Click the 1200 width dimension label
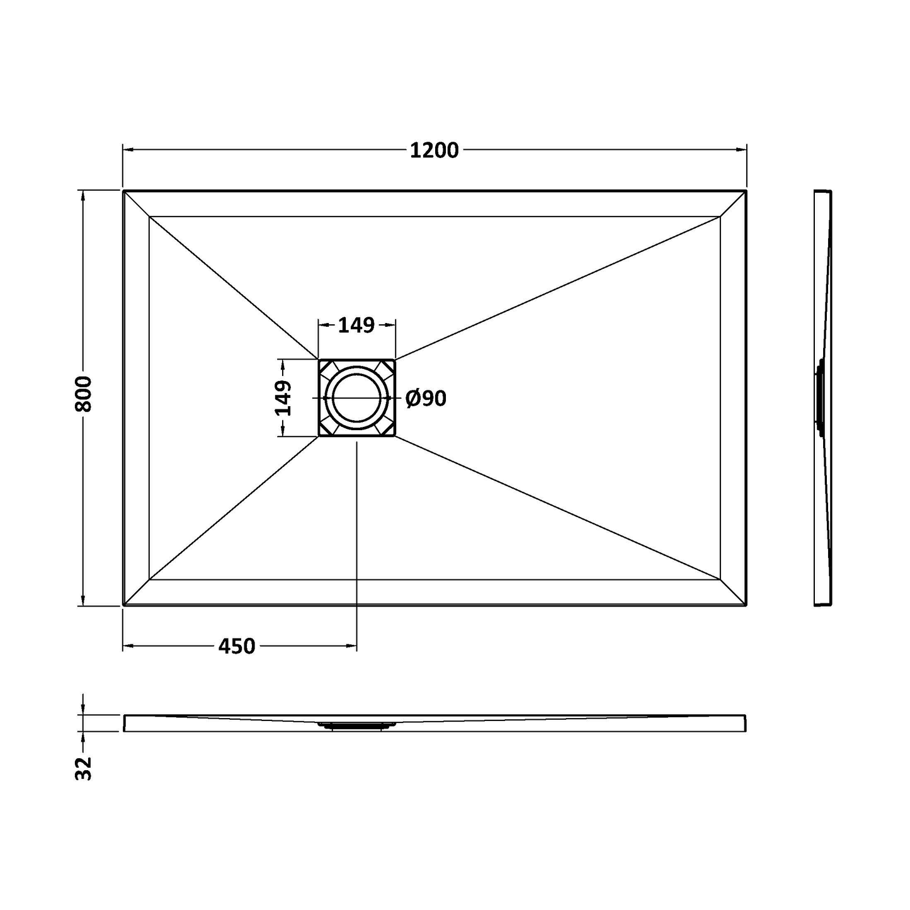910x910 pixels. pos(434,151)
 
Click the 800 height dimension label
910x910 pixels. pos(84,394)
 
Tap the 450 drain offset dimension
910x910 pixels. pos(237,646)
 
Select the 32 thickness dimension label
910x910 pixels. pos(84,768)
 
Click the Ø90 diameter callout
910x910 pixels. pos(426,398)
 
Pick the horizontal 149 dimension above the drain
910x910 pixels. pos(356,325)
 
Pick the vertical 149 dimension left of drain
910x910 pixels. pos(283,398)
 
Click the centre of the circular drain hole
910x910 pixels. pos(356,398)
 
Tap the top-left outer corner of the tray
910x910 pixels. pos(123,190)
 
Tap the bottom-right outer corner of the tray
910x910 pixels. pos(746,605)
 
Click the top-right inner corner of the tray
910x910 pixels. pos(720,217)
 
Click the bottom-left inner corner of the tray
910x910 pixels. pos(150,579)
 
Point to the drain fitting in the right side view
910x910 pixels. pos(819,398)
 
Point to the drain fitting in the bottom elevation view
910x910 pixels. pos(356,725)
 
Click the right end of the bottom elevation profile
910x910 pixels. pos(745,723)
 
